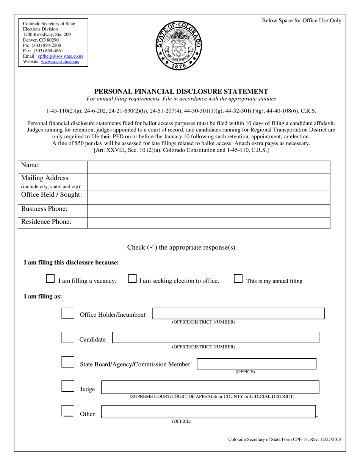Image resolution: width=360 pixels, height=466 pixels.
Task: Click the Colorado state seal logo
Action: tap(179, 45)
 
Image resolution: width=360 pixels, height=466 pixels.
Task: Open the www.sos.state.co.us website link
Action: tap(60, 61)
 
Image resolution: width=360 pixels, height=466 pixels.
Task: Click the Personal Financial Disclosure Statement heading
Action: tap(181, 91)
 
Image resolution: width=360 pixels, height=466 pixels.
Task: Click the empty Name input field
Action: tap(208, 167)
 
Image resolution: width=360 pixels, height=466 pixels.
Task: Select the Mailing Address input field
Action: tap(208, 182)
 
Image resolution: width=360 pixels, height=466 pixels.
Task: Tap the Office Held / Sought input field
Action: tap(208, 197)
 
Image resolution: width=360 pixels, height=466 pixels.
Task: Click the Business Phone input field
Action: tap(208, 211)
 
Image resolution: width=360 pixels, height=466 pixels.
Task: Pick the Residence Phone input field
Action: tap(208, 223)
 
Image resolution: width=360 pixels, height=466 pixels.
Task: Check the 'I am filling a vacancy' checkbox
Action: tap(50, 279)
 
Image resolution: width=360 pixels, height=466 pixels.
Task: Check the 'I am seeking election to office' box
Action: tap(132, 279)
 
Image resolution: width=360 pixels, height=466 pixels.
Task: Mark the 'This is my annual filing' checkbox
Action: tap(238, 279)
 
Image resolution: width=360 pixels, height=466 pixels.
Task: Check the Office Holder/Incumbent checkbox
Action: tap(68, 313)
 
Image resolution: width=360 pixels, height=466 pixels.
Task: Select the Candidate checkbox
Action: tap(68, 338)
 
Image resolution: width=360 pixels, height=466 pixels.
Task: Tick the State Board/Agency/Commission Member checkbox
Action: tap(68, 362)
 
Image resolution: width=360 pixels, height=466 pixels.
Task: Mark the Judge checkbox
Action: tap(68, 387)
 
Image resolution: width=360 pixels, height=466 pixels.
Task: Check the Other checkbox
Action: tap(68, 411)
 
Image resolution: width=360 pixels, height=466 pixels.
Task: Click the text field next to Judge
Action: tap(210, 387)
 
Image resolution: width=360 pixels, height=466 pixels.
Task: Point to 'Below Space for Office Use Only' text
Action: tap(301, 21)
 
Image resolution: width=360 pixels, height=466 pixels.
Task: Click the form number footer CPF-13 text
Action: tap(285, 439)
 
